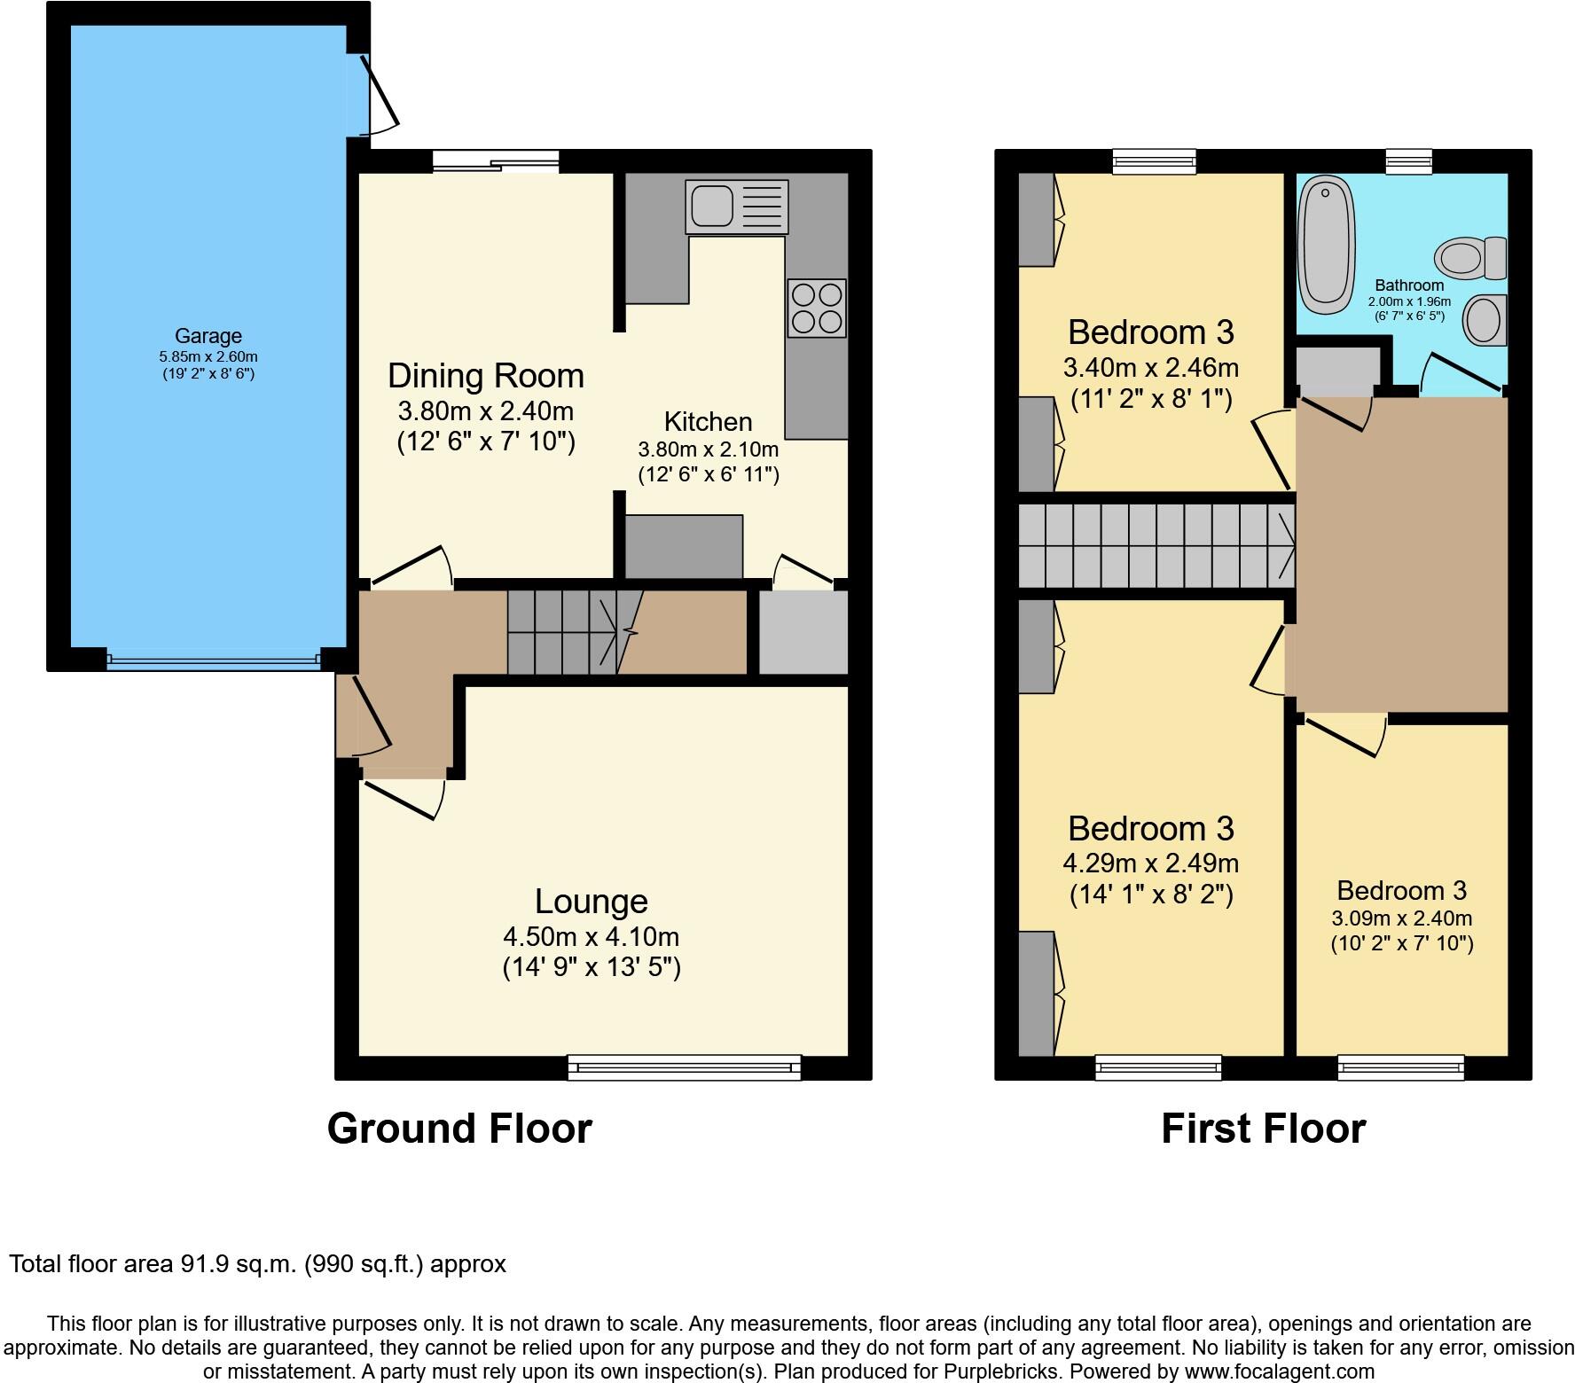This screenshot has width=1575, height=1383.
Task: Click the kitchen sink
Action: click(736, 206)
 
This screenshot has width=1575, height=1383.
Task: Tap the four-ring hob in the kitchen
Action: click(816, 308)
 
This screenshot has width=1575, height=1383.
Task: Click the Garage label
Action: click(208, 336)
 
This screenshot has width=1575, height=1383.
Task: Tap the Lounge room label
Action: click(591, 901)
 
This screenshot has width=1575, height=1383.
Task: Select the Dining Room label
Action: click(485, 375)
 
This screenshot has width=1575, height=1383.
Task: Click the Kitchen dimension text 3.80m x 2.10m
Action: click(708, 449)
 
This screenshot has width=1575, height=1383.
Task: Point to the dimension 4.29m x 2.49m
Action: click(1150, 863)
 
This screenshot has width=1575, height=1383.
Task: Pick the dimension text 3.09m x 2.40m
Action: click(1401, 918)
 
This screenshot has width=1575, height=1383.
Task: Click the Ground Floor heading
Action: click(459, 1129)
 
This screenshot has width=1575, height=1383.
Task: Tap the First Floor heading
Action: click(1263, 1129)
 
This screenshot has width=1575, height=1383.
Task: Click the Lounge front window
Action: click(684, 1067)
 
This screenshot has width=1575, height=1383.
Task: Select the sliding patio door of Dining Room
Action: click(496, 160)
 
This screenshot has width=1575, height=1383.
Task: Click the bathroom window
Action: click(1408, 160)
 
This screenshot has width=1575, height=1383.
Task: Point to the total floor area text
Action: click(257, 1263)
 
